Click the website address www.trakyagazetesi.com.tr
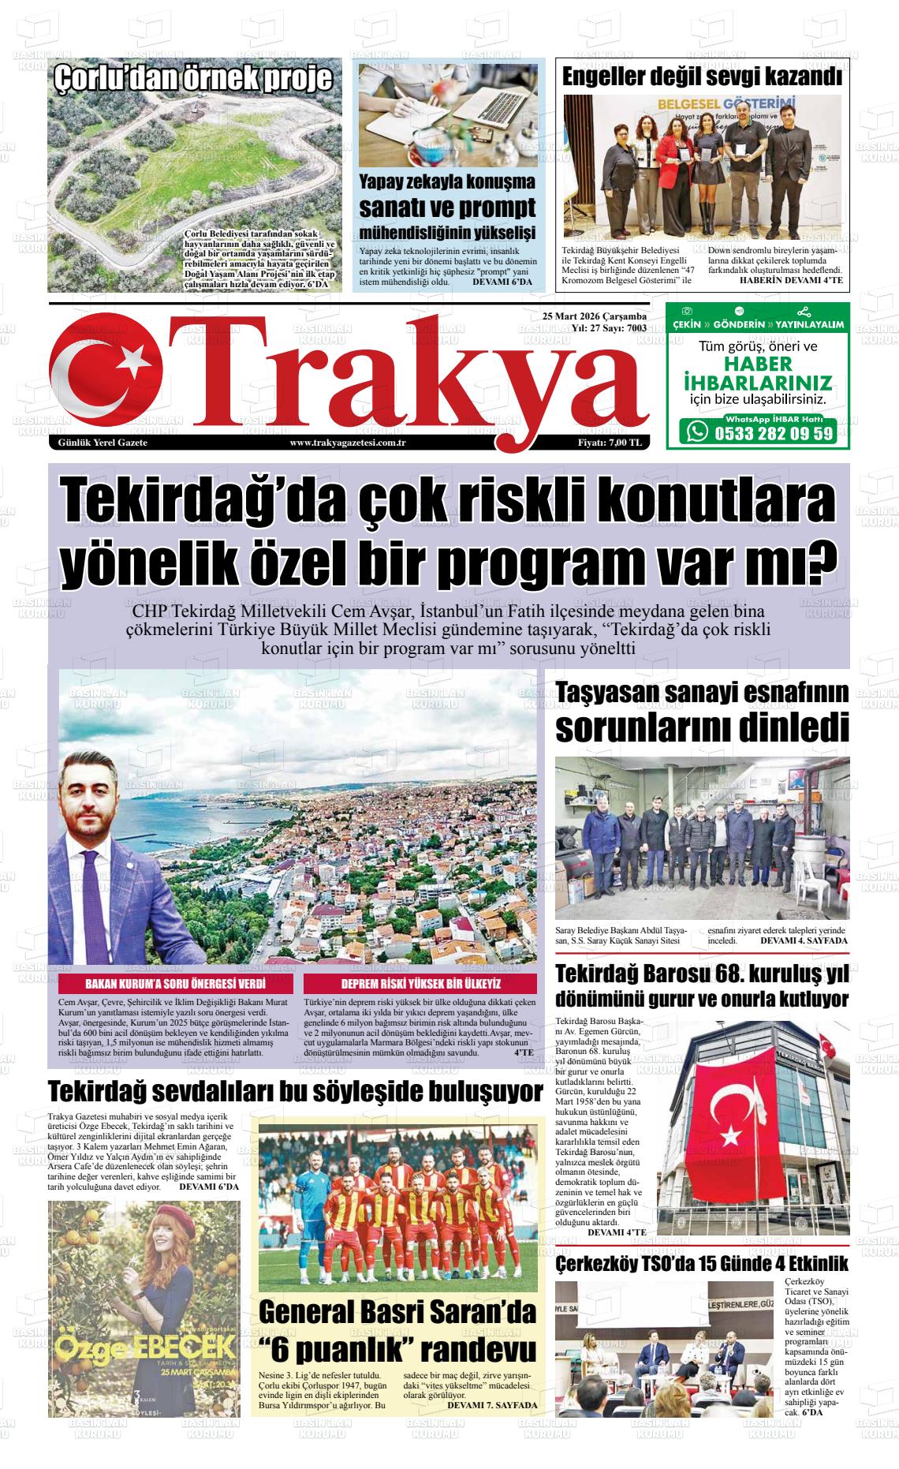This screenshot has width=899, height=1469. click(x=348, y=443)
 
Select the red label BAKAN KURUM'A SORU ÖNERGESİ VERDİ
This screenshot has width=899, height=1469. click(x=175, y=985)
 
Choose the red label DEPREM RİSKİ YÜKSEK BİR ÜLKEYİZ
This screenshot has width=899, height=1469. click(x=420, y=985)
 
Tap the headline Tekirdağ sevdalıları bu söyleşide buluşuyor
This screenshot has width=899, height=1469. click(x=296, y=1093)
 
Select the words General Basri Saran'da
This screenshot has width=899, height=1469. click(x=397, y=1313)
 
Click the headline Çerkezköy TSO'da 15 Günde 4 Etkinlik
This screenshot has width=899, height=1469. click(x=702, y=1264)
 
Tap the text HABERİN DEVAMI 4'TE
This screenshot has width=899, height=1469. click(x=791, y=281)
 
